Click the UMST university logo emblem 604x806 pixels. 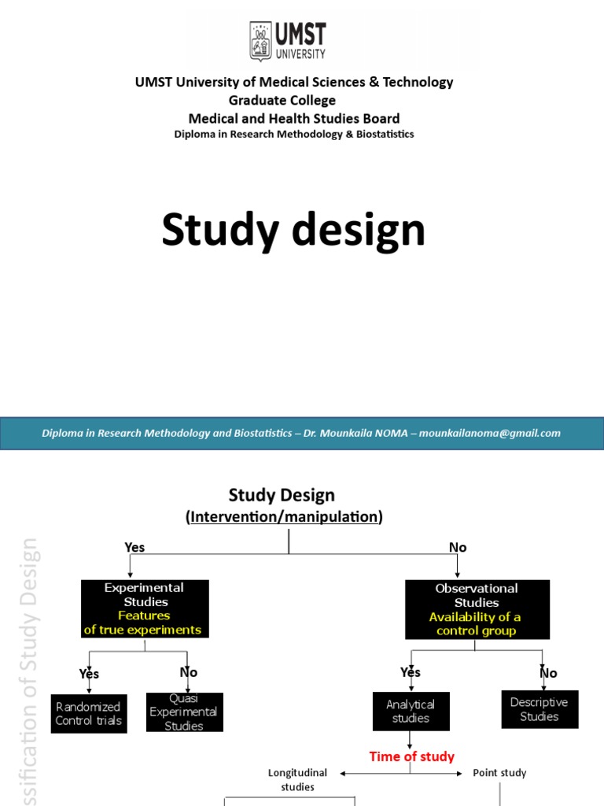(x=260, y=40)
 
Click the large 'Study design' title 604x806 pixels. (x=293, y=231)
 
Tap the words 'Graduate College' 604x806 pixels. (x=282, y=100)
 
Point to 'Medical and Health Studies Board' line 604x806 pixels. (x=293, y=118)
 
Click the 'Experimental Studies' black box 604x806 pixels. (x=145, y=608)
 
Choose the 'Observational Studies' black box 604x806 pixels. (x=476, y=609)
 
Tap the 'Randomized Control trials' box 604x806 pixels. (x=88, y=713)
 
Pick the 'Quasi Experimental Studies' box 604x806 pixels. (x=184, y=712)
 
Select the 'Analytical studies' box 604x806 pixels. (x=411, y=711)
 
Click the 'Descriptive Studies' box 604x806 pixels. (x=539, y=709)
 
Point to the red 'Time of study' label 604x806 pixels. (x=412, y=756)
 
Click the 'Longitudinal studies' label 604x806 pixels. (x=297, y=779)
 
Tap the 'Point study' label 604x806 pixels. (x=499, y=773)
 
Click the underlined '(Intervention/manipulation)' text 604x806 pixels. (x=284, y=517)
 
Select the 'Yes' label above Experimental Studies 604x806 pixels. (x=134, y=548)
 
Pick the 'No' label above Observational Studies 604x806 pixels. (x=458, y=548)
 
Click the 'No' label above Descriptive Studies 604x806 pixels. (x=548, y=673)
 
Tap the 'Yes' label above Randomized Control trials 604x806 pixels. (x=89, y=674)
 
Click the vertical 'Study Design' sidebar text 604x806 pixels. (x=30, y=669)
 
